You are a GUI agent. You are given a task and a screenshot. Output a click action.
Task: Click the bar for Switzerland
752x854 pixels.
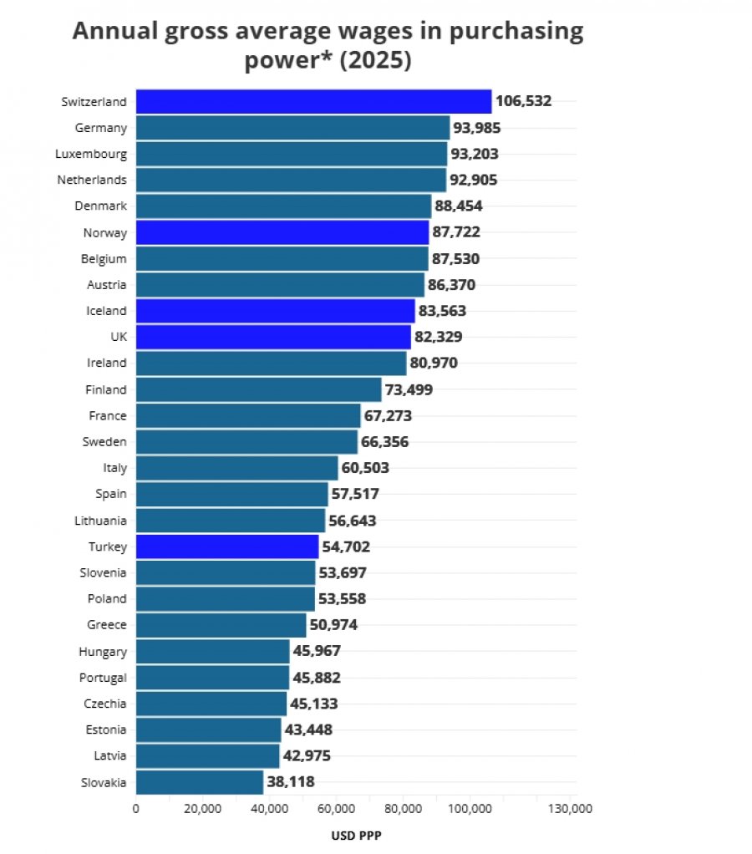tap(313, 101)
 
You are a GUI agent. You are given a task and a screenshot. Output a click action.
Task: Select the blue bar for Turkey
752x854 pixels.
tap(227, 546)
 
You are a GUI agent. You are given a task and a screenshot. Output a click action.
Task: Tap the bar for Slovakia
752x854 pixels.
tap(200, 782)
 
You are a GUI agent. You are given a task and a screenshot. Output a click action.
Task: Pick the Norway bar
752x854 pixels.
tap(282, 232)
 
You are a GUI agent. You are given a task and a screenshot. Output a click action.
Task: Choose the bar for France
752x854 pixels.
tap(248, 415)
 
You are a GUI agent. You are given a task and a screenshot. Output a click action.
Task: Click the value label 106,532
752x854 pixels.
tap(523, 101)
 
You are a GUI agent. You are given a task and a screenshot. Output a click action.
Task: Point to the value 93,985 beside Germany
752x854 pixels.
tap(477, 128)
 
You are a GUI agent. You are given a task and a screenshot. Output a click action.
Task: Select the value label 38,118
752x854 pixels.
tap(291, 782)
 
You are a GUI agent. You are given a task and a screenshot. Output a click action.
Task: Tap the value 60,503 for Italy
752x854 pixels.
tap(365, 468)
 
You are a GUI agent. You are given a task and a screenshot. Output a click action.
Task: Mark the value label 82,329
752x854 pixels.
tap(439, 337)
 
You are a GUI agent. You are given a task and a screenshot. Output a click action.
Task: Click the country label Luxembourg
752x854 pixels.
tap(91, 154)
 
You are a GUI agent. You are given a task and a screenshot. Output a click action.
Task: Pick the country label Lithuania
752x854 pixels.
tap(100, 521)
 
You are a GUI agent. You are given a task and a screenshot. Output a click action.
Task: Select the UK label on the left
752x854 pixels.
tap(119, 337)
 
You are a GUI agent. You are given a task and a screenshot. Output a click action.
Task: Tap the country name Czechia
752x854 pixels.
tap(105, 704)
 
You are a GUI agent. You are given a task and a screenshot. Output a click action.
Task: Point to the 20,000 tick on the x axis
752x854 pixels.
tap(202, 809)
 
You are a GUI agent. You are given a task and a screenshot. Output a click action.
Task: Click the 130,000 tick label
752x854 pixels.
tap(570, 809)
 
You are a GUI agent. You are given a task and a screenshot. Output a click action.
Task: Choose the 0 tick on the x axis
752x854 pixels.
tap(135, 809)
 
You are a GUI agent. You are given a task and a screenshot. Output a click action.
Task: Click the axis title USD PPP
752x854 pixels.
tap(356, 836)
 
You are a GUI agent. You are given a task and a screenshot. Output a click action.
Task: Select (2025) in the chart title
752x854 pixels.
tap(375, 60)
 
